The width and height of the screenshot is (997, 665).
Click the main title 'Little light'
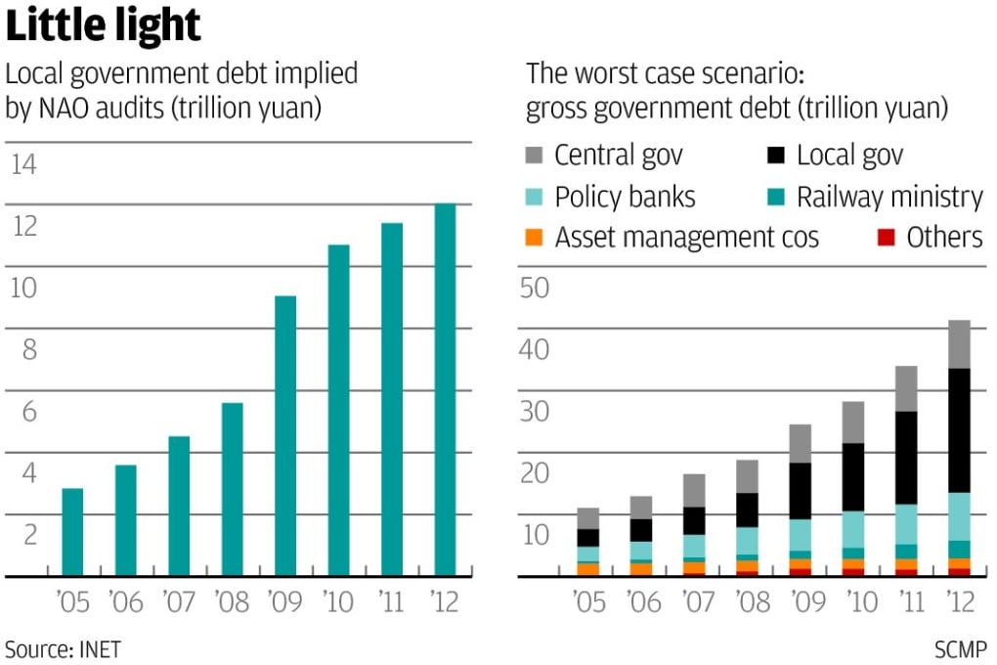(x=104, y=25)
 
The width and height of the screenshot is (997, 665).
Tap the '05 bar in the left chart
(x=72, y=532)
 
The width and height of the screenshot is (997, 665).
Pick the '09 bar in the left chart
(x=285, y=435)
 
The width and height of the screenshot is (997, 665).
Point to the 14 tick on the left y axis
(x=23, y=164)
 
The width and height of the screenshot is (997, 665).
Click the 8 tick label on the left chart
(x=29, y=349)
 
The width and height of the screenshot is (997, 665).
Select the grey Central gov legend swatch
(x=535, y=155)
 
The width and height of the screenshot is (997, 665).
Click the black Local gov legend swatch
(x=777, y=155)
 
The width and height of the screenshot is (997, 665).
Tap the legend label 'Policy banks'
(x=625, y=197)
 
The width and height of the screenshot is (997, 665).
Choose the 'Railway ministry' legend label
(x=889, y=197)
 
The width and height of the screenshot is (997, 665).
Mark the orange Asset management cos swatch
(x=535, y=238)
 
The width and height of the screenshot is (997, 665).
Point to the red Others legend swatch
(x=887, y=238)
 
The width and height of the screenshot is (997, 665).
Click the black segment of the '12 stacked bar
(x=960, y=430)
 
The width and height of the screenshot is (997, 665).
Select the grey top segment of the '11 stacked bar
(x=907, y=388)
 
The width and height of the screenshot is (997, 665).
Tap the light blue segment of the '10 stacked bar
(x=853, y=529)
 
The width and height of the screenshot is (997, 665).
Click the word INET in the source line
(x=97, y=647)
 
